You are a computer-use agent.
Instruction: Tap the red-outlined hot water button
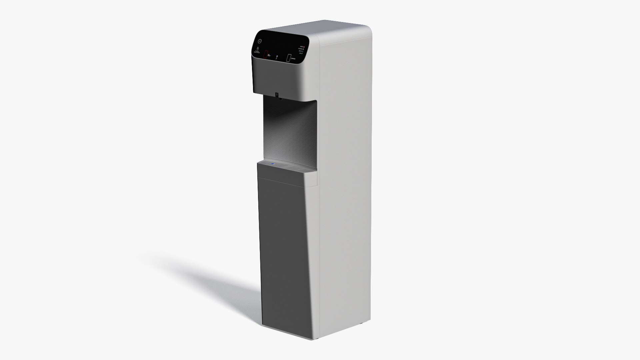click(x=266, y=54)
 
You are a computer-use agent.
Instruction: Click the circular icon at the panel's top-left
click(x=260, y=41)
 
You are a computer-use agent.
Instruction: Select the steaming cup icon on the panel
click(x=257, y=49)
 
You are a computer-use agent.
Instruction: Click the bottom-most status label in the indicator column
click(x=301, y=53)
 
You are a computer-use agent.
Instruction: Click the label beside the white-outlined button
click(x=293, y=59)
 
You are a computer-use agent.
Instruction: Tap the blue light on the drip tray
click(x=273, y=164)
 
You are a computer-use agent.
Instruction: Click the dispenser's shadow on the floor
click(x=207, y=277)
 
